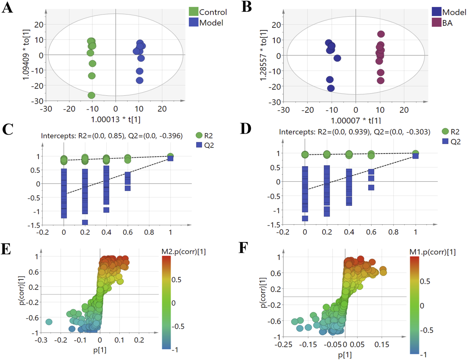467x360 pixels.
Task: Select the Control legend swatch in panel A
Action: [x=193, y=12]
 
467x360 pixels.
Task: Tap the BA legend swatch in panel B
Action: [x=436, y=22]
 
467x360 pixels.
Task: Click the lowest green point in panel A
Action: [x=91, y=95]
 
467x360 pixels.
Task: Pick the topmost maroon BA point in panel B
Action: [x=381, y=34]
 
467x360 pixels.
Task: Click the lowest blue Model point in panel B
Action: [x=331, y=88]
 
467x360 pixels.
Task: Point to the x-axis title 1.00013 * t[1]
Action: [x=115, y=119]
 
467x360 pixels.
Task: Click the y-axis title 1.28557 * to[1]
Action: [x=263, y=55]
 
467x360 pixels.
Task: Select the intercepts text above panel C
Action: [x=112, y=136]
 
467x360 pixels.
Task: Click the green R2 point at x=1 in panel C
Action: [x=170, y=156]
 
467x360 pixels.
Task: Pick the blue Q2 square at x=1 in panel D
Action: [x=416, y=156]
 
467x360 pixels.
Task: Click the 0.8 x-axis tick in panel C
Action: [x=149, y=232]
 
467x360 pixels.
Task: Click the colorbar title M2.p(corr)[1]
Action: [x=183, y=252]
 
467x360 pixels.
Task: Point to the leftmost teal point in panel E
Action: [x=49, y=322]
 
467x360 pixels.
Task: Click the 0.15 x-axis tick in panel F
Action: [x=382, y=345]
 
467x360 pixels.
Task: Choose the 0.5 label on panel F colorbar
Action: [x=425, y=281]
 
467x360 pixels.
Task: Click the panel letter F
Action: [x=243, y=248]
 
